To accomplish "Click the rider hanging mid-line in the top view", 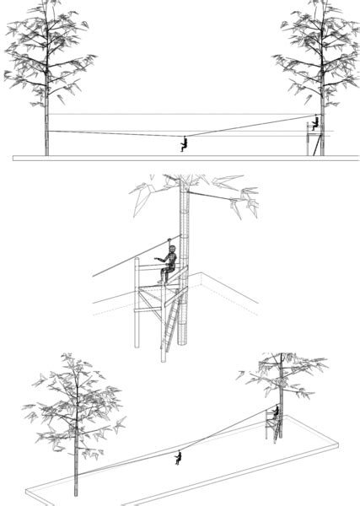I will pos(183,143).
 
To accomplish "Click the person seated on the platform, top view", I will pos(314,123).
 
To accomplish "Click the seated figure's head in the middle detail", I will pos(169,251).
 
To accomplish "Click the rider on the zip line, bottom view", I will pos(178,458).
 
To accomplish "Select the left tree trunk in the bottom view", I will pos(75,464).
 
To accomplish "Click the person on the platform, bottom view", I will pos(275,412).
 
